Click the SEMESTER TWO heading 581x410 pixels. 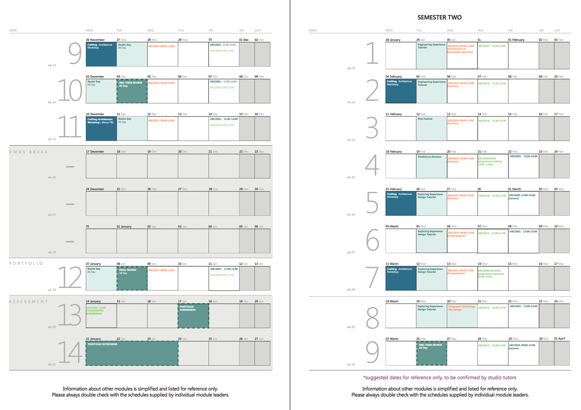pos(439,17)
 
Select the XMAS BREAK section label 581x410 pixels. pos(29,152)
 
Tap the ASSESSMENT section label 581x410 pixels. pos(29,301)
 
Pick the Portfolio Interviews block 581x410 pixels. pos(132,353)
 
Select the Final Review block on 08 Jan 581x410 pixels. pos(132,278)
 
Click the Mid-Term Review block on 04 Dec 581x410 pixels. pos(132,91)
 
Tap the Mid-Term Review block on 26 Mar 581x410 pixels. pos(431,353)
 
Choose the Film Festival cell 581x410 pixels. pos(431,128)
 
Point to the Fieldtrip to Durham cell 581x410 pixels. pos(431,166)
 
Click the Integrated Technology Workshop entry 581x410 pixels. pos(462,308)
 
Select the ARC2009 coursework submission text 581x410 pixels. pos(96,310)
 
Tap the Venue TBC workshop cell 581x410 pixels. pos(101,128)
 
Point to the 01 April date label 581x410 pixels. pos(560,339)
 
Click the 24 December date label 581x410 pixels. pos(95,189)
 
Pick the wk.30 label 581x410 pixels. pos(350,365)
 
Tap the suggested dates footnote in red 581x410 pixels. pos(439,377)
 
